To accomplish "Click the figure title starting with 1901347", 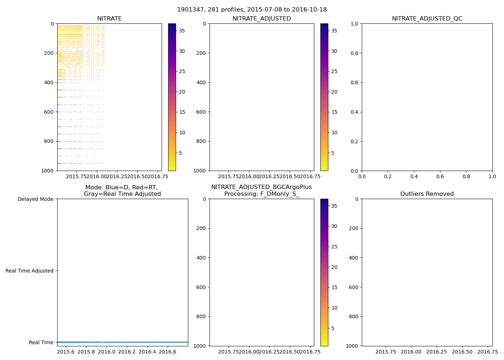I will pyautogui.click(x=252, y=10).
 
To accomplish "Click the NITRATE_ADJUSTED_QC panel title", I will pyautogui.click(x=427, y=19).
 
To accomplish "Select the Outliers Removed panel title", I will pyautogui.click(x=427, y=194).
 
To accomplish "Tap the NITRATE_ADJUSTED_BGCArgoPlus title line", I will pyautogui.click(x=261, y=187).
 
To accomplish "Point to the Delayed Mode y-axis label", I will pyautogui.click(x=35, y=199).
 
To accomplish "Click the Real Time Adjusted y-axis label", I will pyautogui.click(x=30, y=271).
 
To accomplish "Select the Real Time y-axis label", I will pyautogui.click(x=41, y=342).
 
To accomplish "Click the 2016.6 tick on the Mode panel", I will pyautogui.click(x=167, y=351).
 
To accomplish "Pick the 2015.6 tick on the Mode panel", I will pyautogui.click(x=66, y=351).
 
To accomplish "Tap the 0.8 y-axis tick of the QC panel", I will pyautogui.click(x=355, y=53).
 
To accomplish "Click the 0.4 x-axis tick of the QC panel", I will pyautogui.click(x=414, y=176).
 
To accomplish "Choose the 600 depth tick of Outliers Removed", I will pyautogui.click(x=354, y=287).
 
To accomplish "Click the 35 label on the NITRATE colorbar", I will pyautogui.click(x=182, y=31).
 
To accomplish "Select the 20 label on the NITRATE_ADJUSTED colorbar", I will pyautogui.click(x=334, y=92).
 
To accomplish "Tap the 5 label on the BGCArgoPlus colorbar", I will pyautogui.click(x=333, y=328).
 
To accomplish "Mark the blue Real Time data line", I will pyautogui.click(x=122, y=342).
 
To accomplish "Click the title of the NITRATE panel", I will pyautogui.click(x=109, y=19).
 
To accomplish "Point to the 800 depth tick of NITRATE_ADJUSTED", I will pyautogui.click(x=202, y=141).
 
